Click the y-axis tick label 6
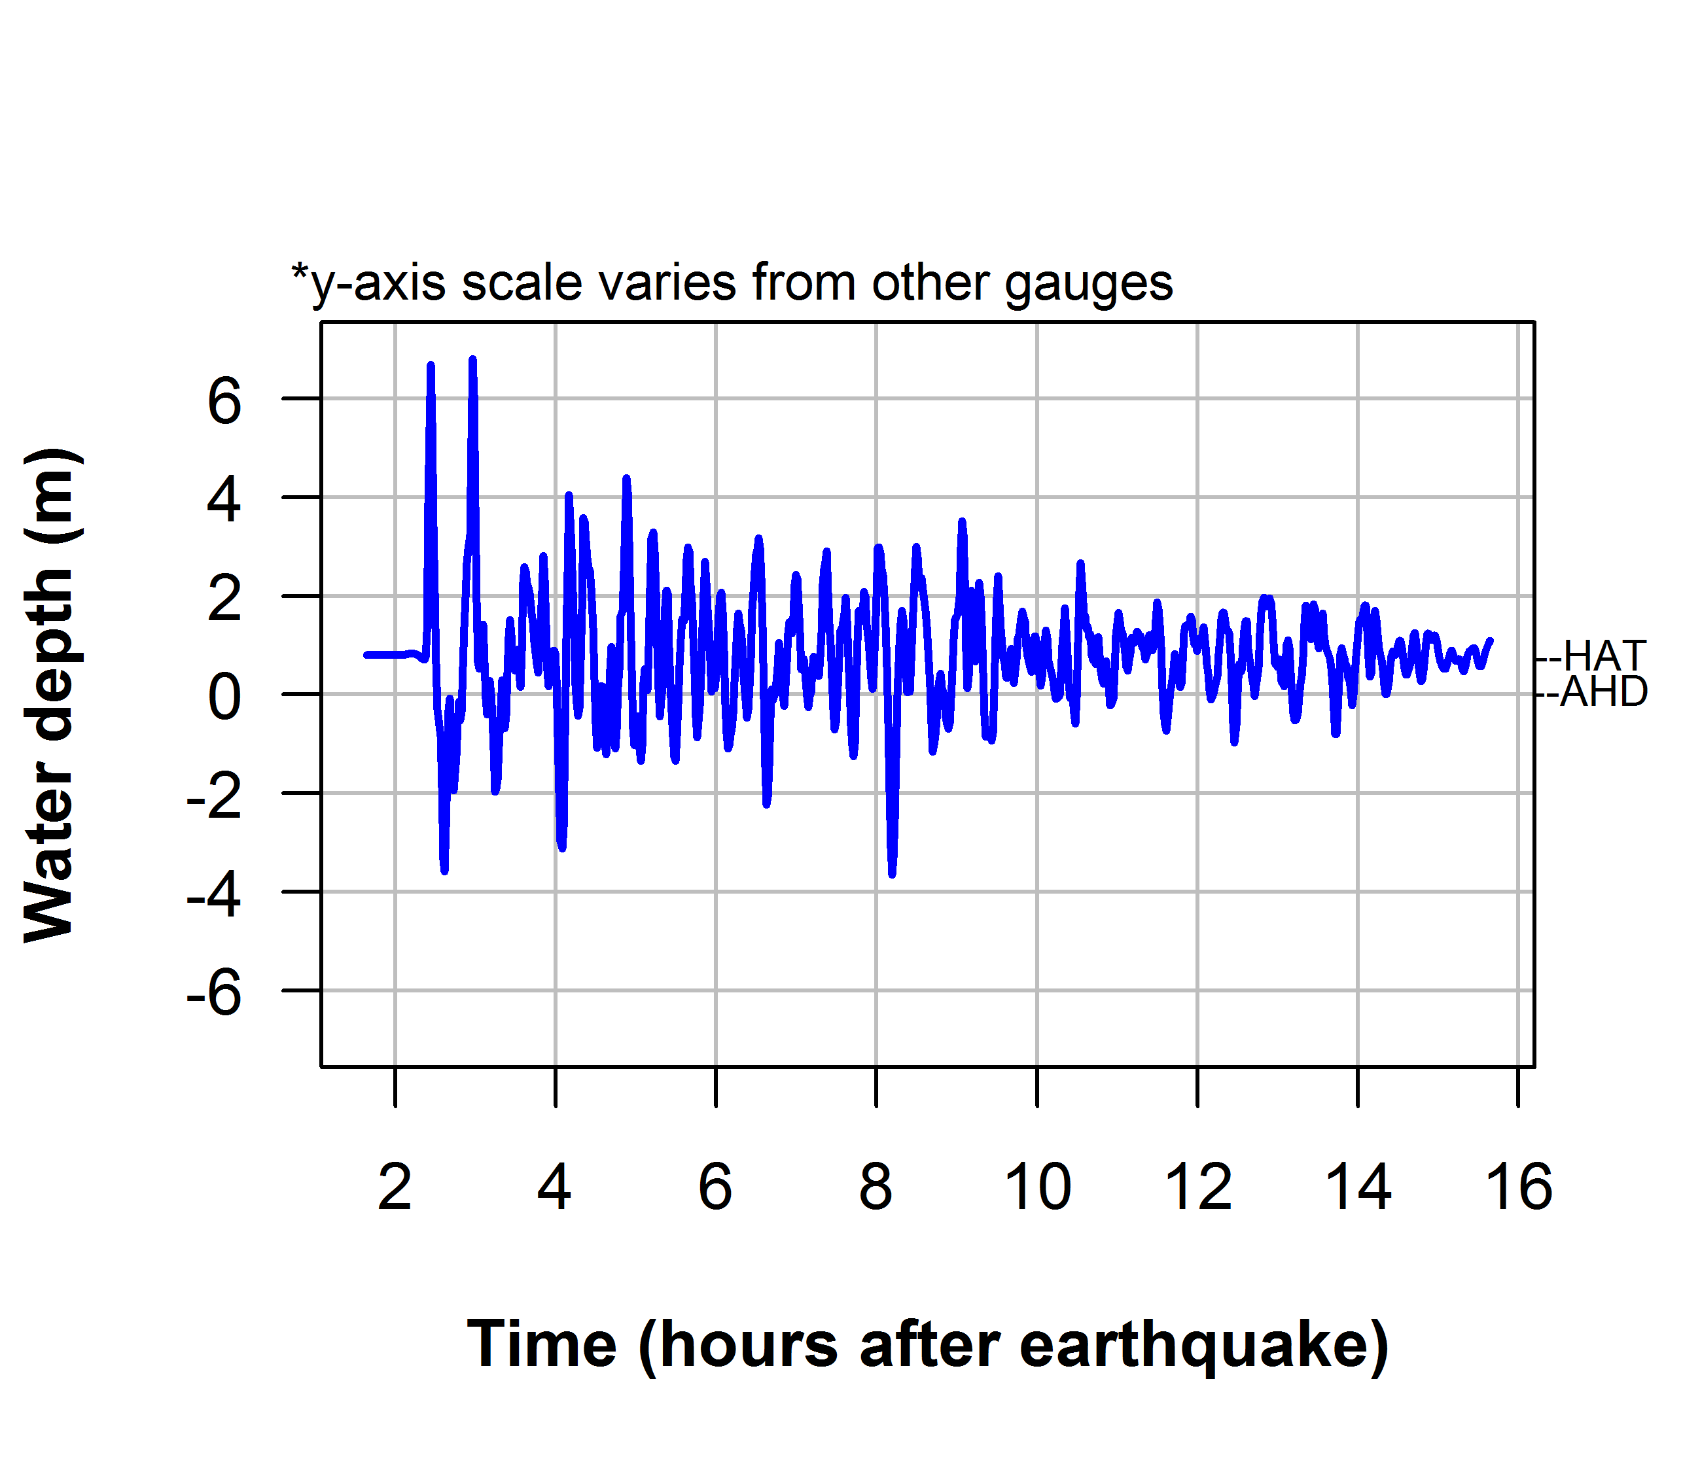(x=224, y=403)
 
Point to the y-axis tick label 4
(x=224, y=501)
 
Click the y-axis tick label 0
(x=224, y=699)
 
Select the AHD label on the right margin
(x=1603, y=693)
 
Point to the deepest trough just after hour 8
(x=892, y=874)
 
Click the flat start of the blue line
(x=385, y=654)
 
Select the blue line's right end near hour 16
(x=1490, y=640)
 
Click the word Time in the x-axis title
(x=542, y=1346)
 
